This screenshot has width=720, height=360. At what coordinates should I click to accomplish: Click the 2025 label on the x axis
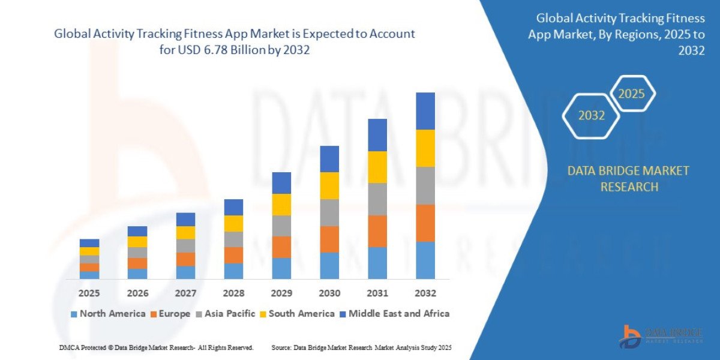89,293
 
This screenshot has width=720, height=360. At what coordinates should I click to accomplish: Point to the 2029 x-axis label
281,293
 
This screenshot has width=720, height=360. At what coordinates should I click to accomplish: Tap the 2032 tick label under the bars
425,293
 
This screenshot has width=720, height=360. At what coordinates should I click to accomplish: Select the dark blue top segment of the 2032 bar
425,111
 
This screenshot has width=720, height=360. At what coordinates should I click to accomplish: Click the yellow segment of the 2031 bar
377,167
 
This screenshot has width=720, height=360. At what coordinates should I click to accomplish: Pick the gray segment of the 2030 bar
329,212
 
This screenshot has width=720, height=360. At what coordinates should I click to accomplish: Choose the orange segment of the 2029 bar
281,247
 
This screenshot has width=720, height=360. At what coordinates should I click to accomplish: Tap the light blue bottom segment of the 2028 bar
233,271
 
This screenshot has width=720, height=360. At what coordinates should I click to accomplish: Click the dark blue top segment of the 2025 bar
89,243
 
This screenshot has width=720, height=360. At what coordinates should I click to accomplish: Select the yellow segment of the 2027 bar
185,232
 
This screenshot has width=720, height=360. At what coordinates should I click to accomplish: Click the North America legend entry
108,313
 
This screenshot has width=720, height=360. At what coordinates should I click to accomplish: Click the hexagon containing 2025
631,94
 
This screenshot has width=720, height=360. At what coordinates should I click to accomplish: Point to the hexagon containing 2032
591,116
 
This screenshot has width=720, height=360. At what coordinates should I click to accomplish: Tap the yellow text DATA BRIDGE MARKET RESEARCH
628,179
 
